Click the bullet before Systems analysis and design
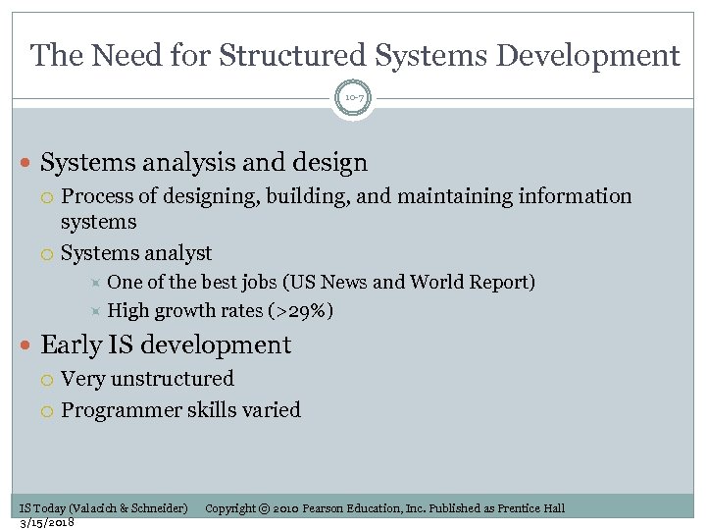(26, 163)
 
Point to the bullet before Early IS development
(26, 345)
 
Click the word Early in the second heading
(71, 345)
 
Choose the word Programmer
(120, 409)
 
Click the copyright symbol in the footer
(265, 508)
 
